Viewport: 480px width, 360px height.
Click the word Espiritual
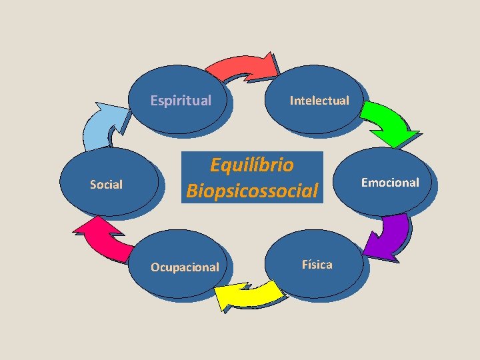point(181,101)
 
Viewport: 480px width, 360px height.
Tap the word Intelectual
point(319,101)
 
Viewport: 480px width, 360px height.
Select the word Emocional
point(390,182)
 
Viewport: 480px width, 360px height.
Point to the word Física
point(317,265)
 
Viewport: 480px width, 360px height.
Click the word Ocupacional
point(185,267)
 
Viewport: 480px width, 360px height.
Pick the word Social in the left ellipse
point(106,185)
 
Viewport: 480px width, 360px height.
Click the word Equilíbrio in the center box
point(251,164)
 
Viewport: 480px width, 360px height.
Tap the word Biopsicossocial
point(252,191)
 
